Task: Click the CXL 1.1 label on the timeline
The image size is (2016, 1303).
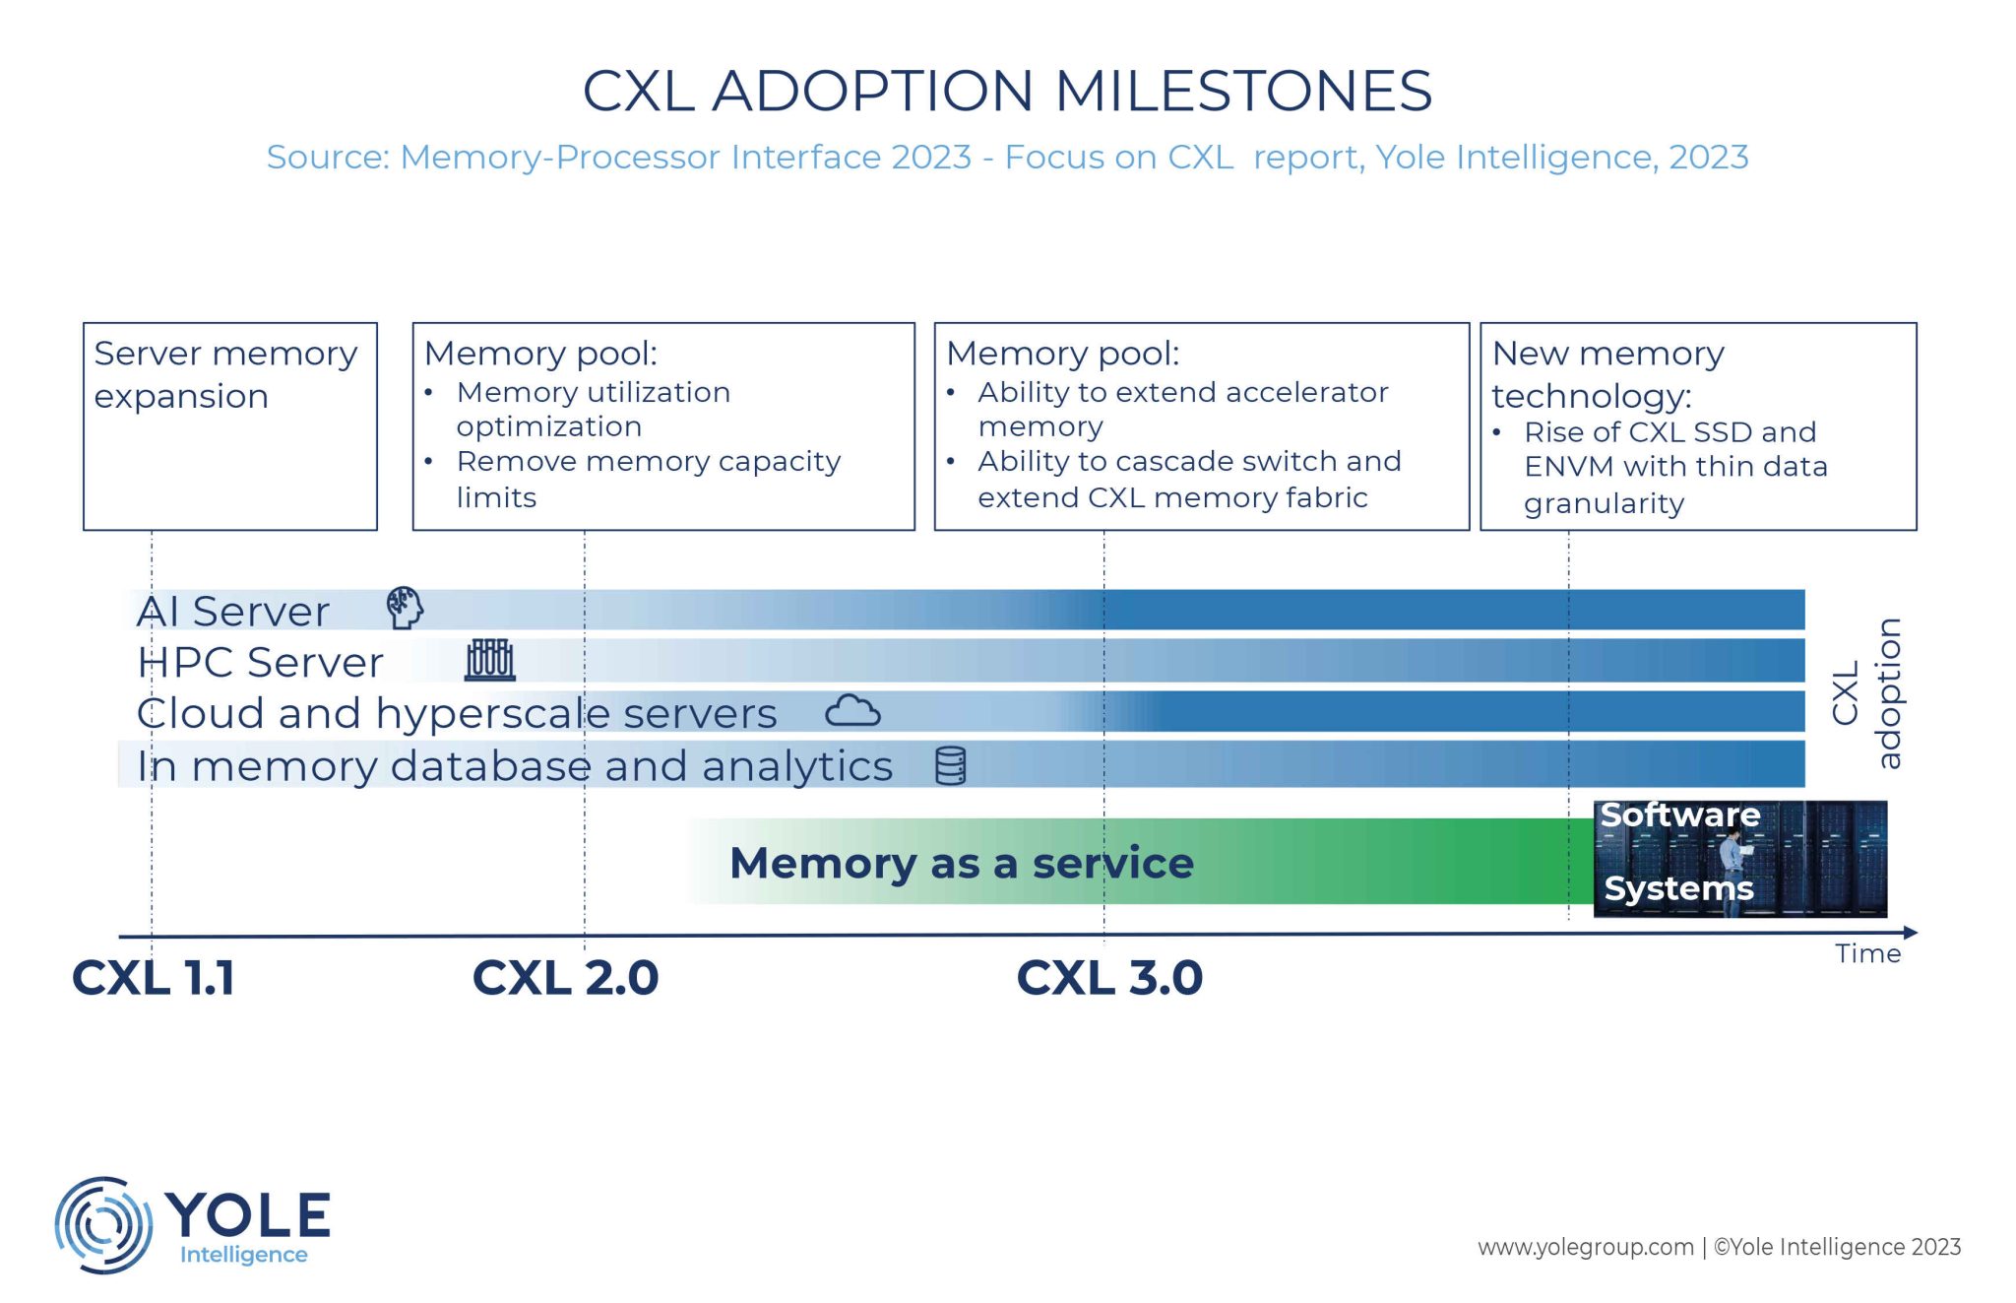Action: (x=154, y=978)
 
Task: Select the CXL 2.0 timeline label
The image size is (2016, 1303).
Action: (x=565, y=978)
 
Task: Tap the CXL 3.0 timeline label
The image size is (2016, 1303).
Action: (x=1109, y=978)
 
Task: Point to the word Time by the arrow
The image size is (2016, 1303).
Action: (x=1867, y=953)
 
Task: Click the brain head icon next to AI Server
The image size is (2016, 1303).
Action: (x=404, y=608)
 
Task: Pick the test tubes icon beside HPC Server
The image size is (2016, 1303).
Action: (x=489, y=660)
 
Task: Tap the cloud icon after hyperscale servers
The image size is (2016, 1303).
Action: (x=852, y=710)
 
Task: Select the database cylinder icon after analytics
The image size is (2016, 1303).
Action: (x=950, y=765)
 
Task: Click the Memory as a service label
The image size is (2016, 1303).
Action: (x=961, y=863)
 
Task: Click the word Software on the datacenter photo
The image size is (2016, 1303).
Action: (x=1679, y=815)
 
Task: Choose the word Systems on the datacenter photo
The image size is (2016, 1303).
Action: (x=1678, y=888)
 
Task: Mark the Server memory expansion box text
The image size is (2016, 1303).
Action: (x=225, y=374)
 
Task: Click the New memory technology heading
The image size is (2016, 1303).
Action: (x=1607, y=374)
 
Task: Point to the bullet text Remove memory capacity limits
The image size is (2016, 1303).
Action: (x=648, y=479)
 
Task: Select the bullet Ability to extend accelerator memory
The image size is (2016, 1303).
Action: (x=1181, y=409)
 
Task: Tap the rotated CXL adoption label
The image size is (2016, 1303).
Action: (x=1866, y=693)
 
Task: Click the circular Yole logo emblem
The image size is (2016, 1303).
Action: (x=102, y=1224)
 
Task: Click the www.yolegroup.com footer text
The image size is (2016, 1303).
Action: (x=1585, y=1247)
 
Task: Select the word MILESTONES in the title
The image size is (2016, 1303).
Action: (x=1242, y=91)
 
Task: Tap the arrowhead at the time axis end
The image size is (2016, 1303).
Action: (x=1911, y=932)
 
